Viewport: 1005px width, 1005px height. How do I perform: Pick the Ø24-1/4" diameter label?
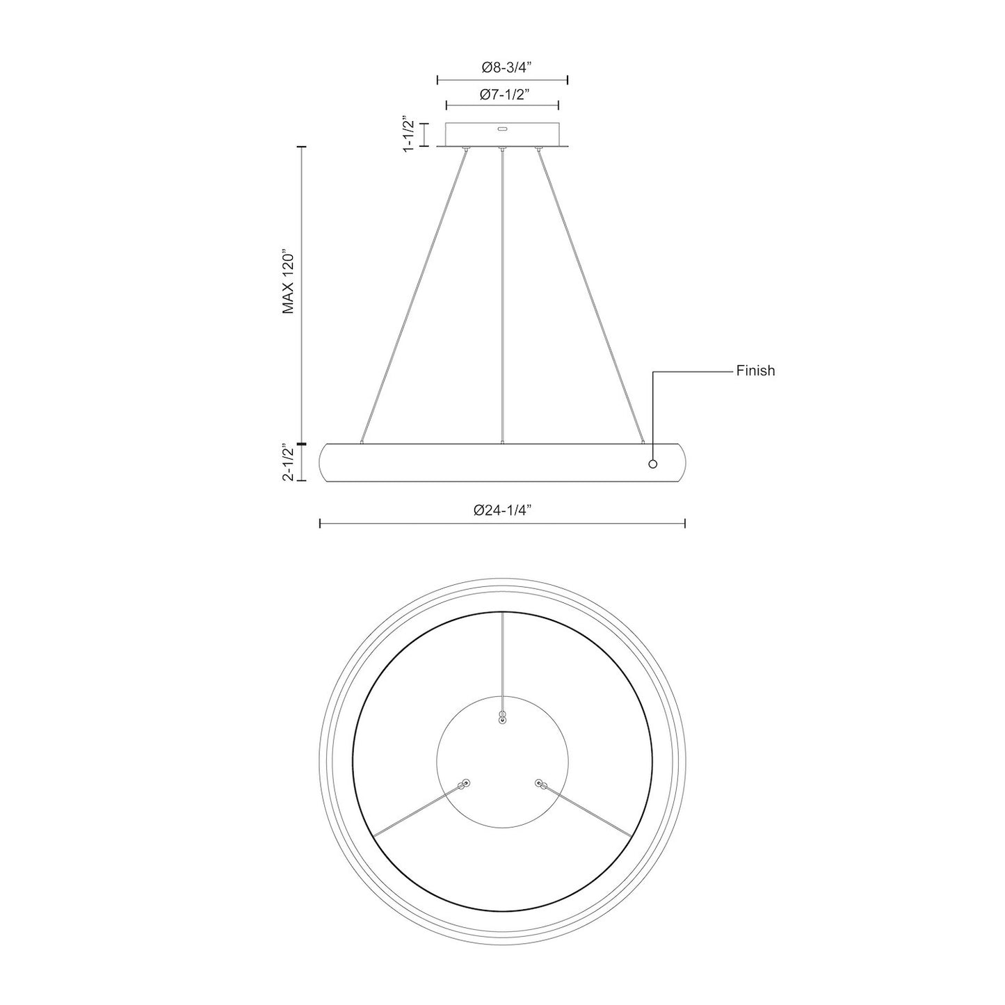coord(502,510)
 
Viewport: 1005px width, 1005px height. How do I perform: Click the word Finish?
coord(755,371)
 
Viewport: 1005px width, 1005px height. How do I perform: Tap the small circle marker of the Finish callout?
coord(652,464)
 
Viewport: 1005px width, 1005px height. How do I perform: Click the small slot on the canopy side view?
coord(502,129)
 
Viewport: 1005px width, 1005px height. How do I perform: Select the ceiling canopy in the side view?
coord(502,135)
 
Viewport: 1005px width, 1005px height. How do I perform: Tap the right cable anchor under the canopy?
coord(537,148)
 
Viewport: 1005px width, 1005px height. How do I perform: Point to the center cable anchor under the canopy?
coord(502,148)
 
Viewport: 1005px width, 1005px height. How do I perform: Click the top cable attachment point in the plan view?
coord(502,718)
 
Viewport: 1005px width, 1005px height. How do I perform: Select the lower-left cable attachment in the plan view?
coord(465,783)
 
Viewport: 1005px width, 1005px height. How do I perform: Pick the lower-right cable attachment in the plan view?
coord(539,783)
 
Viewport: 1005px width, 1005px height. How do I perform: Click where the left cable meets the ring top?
coord(362,442)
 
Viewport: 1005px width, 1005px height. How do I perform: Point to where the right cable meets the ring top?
coord(643,442)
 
